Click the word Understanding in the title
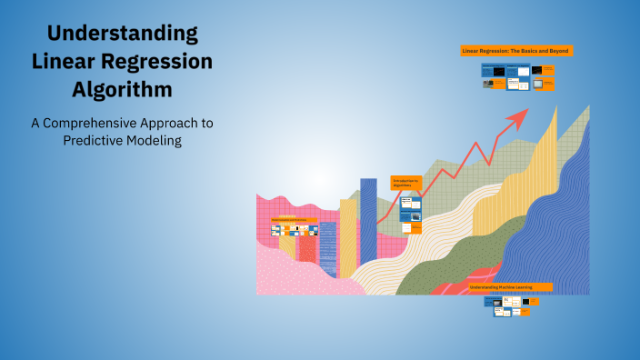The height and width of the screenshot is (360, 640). click(123, 35)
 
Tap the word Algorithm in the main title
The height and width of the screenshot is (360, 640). click(123, 90)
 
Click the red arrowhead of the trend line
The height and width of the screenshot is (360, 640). click(519, 115)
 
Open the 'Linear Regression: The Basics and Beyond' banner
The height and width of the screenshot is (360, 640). click(516, 51)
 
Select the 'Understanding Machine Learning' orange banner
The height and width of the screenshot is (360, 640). click(510, 286)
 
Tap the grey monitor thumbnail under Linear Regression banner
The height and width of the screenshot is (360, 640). click(543, 84)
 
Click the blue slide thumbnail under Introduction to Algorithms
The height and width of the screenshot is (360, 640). click(409, 203)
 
